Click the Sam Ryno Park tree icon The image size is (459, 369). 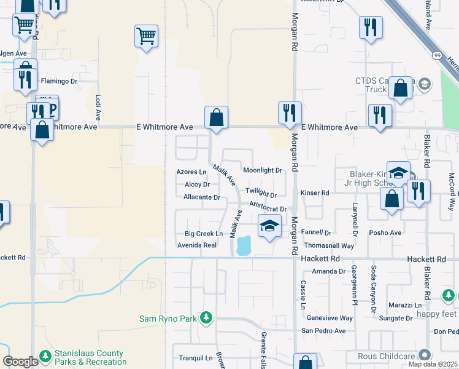coord(207,318)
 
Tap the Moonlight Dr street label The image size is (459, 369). coord(262,170)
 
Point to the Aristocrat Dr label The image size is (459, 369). coord(268,209)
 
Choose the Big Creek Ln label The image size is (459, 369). coord(203,234)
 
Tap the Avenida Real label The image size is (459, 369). coord(197,245)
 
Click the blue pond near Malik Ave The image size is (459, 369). coord(244,245)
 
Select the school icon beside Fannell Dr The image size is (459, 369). coord(269,226)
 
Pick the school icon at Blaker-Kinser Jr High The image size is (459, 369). coord(398,173)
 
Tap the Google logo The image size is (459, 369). coord(21,362)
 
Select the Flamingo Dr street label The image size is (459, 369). coord(59,81)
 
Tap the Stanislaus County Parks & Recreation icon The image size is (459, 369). coord(45,356)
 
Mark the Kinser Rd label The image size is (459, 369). coord(315,193)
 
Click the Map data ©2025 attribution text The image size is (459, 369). coord(433,364)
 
